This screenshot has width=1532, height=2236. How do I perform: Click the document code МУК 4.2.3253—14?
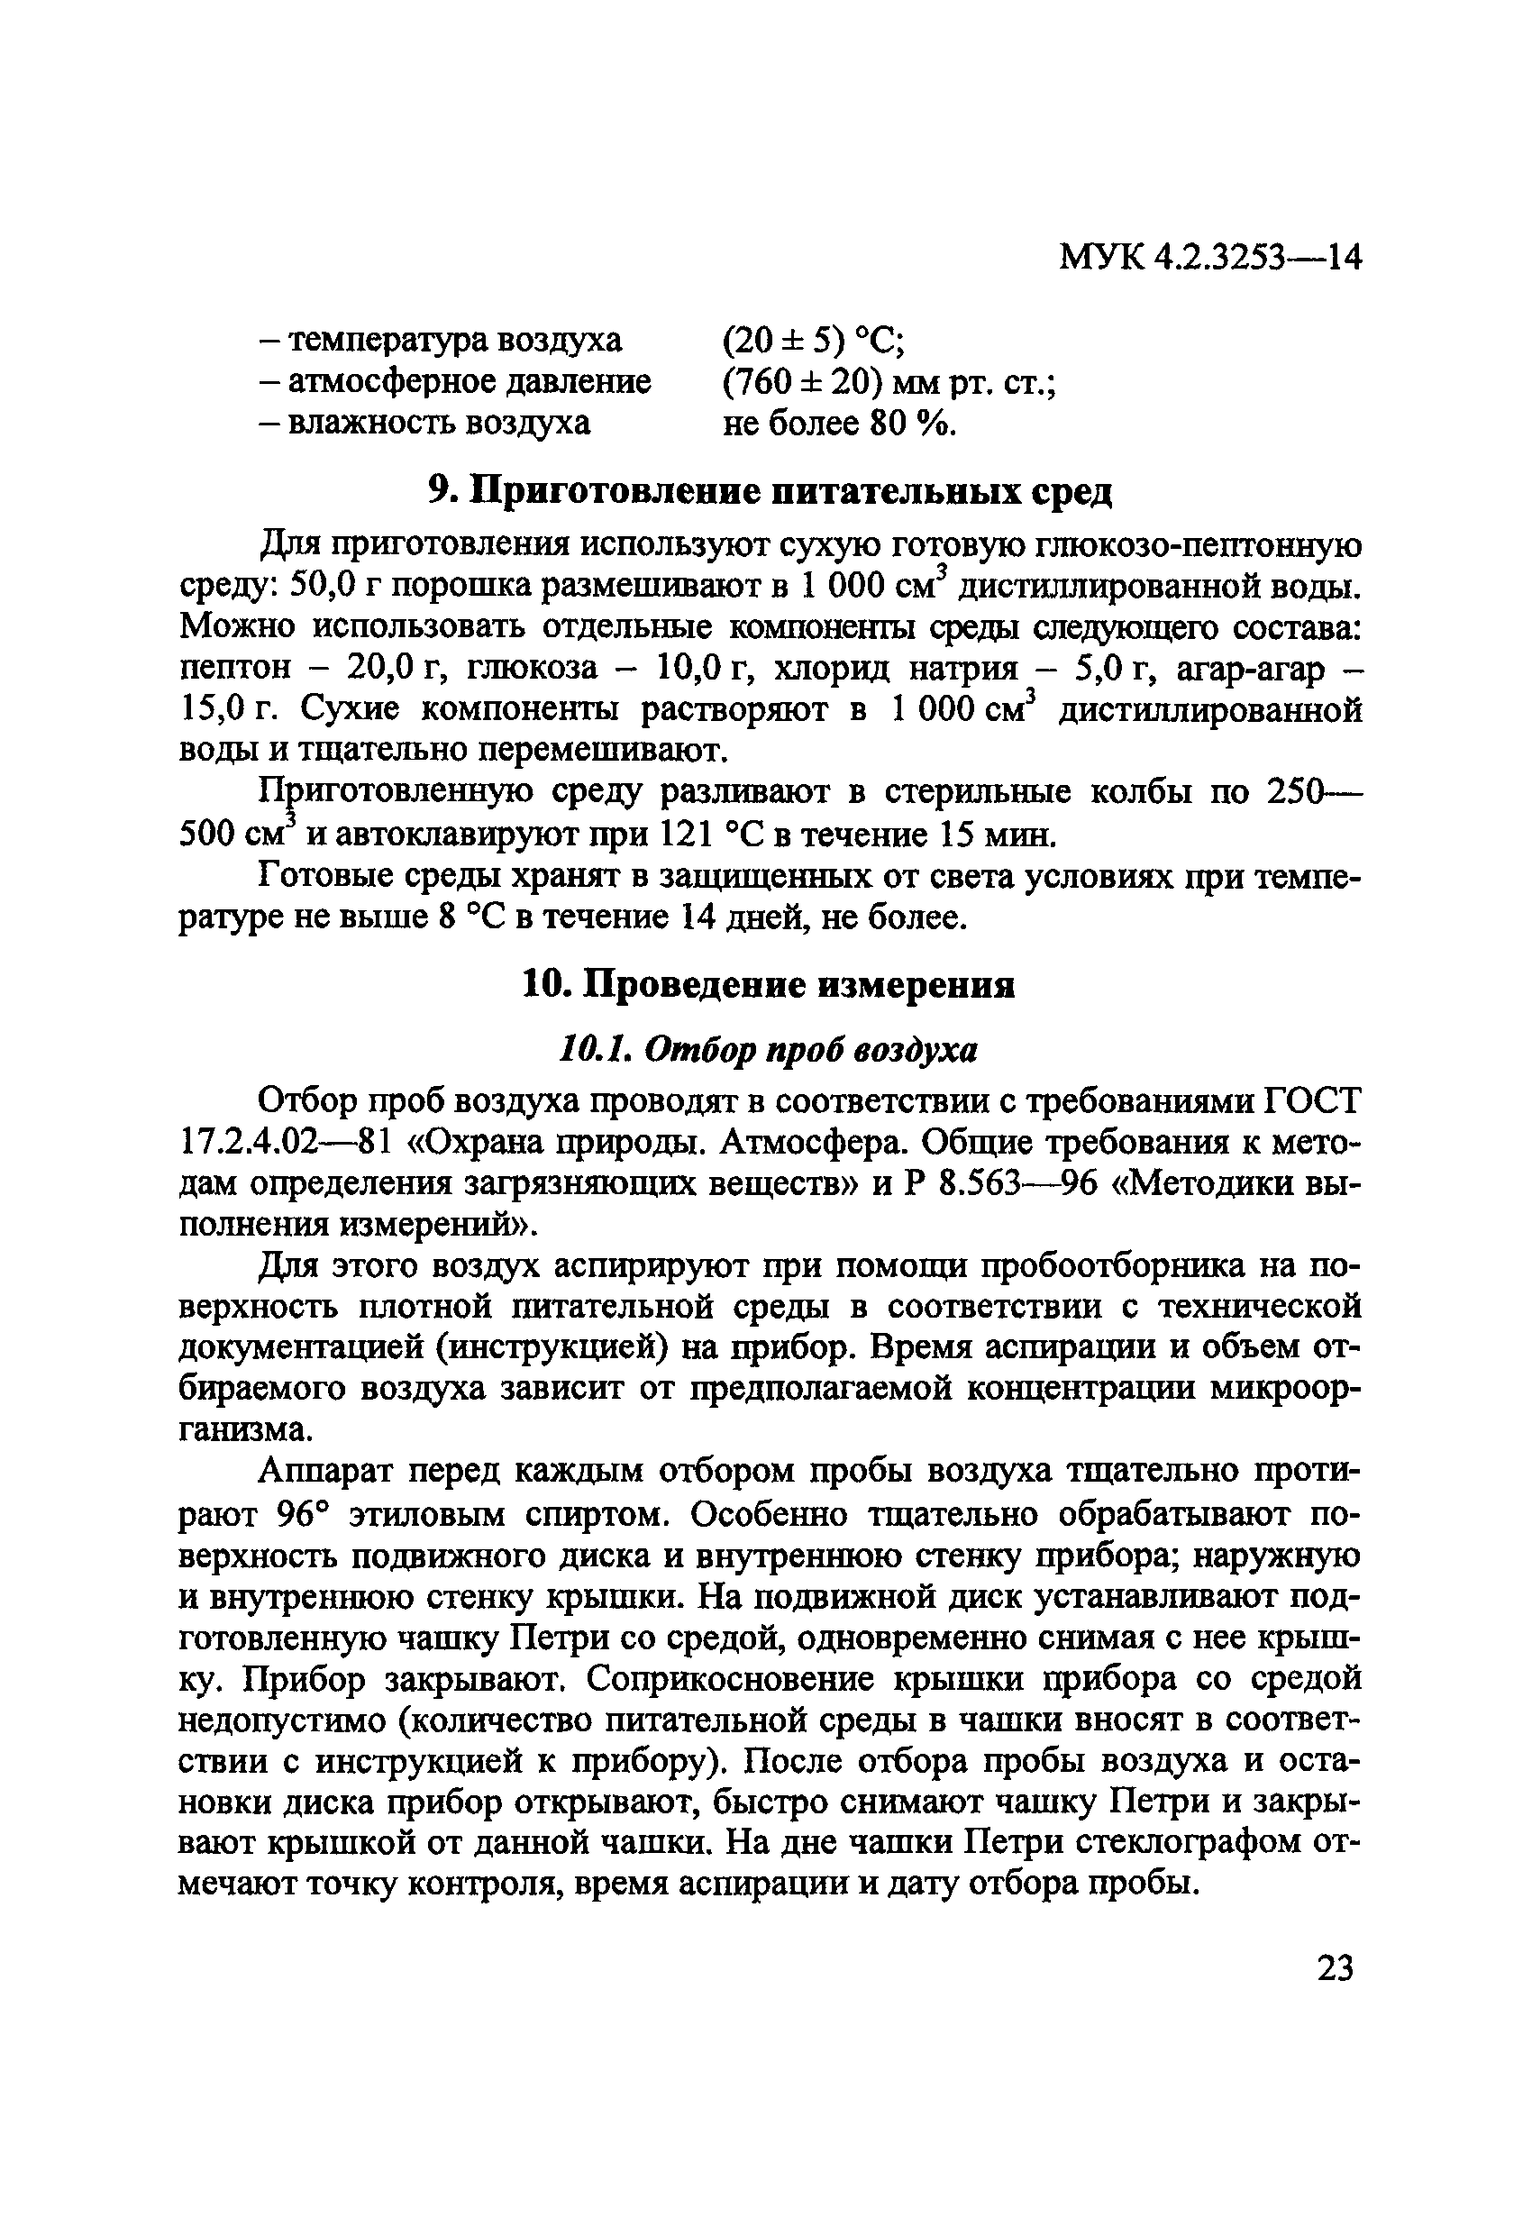1209,257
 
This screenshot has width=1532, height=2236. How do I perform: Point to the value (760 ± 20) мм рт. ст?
889,382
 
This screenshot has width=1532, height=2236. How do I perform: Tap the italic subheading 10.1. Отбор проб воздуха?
768,1050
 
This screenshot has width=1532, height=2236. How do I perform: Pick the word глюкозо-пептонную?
1198,545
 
